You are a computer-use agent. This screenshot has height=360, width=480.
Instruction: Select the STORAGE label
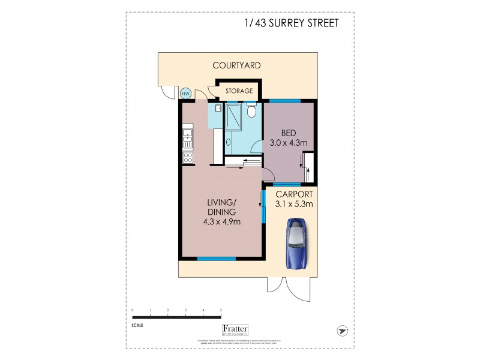[239, 91]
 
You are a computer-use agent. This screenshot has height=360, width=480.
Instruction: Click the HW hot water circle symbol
[185, 93]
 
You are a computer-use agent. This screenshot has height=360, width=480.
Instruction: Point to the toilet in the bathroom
[253, 111]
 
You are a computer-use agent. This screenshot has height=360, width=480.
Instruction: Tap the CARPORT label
[294, 194]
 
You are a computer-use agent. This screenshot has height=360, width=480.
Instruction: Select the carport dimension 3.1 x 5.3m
[294, 204]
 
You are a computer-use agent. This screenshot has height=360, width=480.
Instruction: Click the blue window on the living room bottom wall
[216, 259]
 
